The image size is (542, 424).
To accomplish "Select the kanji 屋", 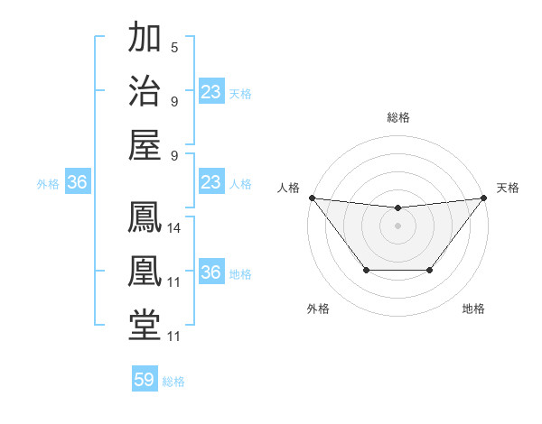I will click(x=145, y=144).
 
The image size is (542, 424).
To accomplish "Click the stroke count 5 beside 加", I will click(x=174, y=48).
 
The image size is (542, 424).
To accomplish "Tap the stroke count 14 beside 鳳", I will click(x=174, y=229).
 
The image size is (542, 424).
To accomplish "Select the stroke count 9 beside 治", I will click(x=174, y=101).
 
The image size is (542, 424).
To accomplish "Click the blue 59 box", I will click(x=145, y=380).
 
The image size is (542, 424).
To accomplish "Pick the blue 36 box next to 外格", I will click(x=78, y=183).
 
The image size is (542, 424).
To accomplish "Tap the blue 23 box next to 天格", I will click(x=211, y=91).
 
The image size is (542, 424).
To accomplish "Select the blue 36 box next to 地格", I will click(x=211, y=272).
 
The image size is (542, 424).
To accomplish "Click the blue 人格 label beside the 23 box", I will click(x=240, y=183).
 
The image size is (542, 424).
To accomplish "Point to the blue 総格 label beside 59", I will click(x=173, y=382).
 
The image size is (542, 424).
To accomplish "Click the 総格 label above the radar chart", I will click(x=397, y=117).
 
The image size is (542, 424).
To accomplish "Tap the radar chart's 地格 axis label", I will click(x=473, y=309).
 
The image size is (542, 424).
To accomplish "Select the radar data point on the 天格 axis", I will click(x=484, y=198).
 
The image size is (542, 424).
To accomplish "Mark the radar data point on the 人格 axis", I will click(x=312, y=198).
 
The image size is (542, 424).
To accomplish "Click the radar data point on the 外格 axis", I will click(x=366, y=270).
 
